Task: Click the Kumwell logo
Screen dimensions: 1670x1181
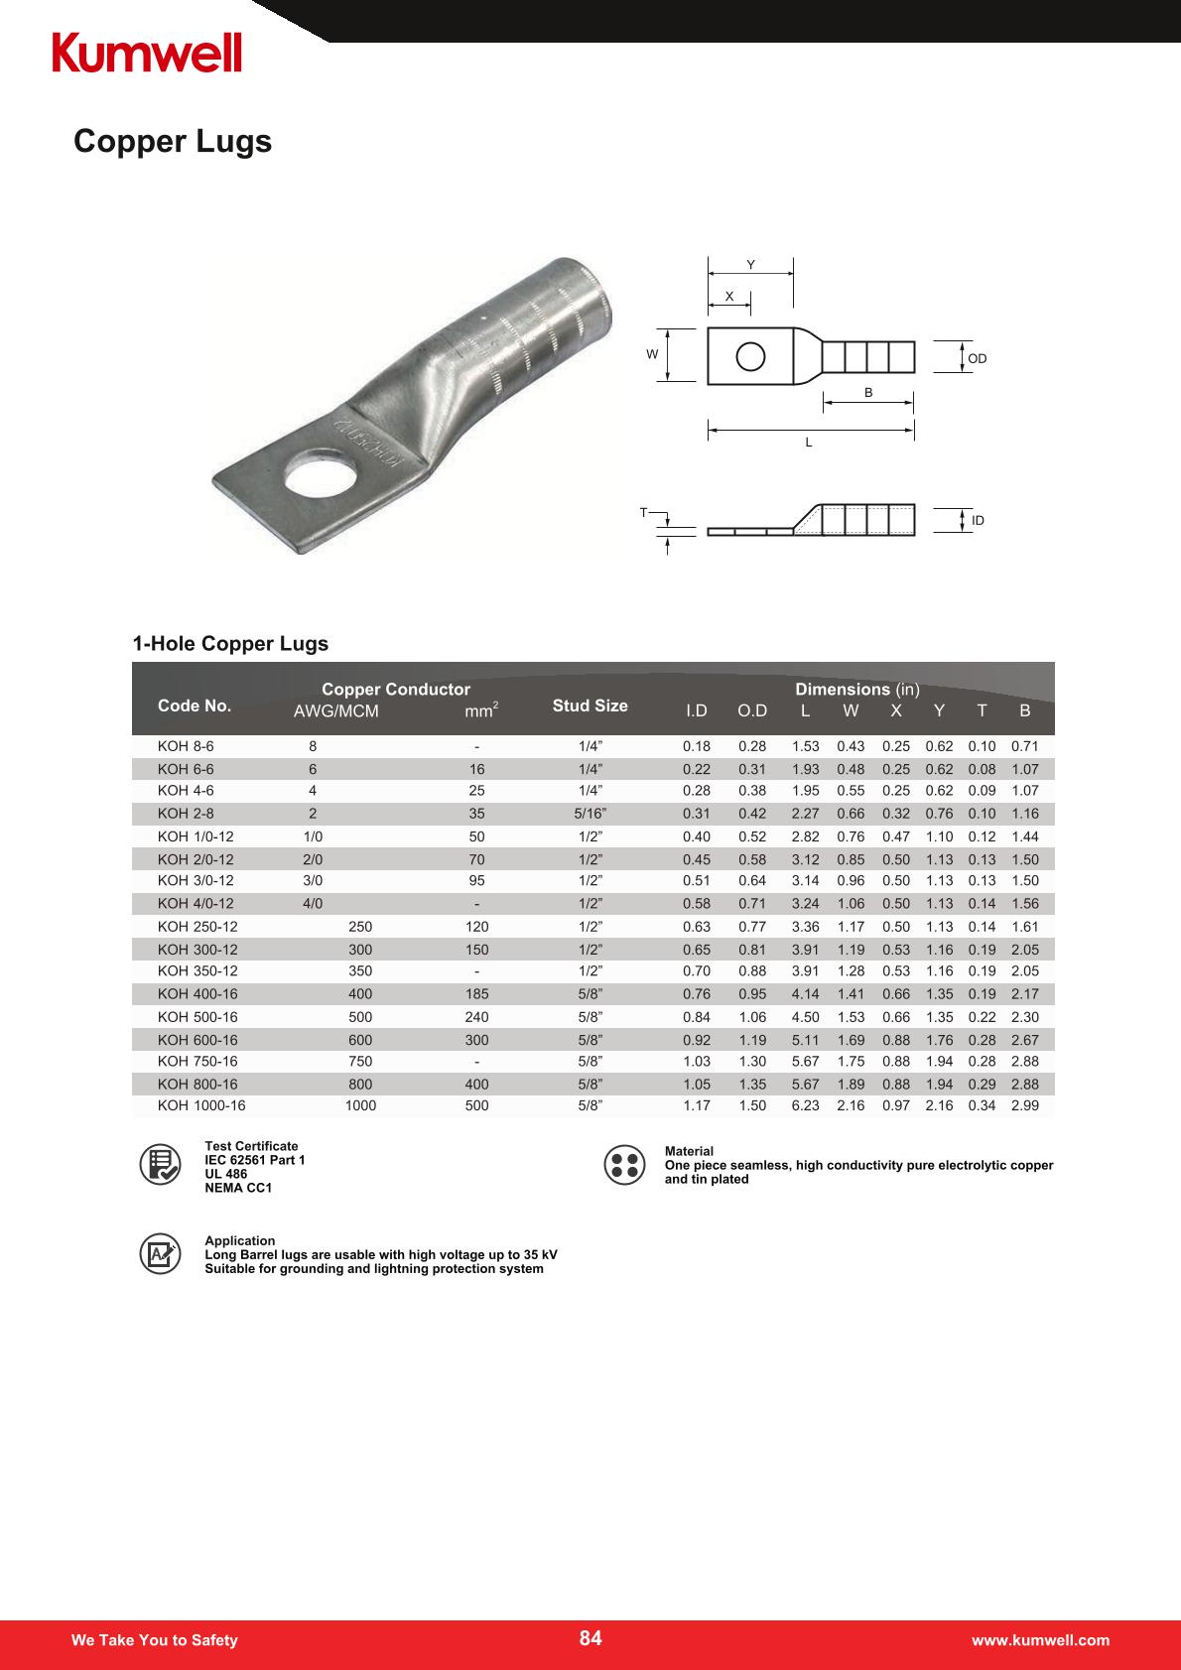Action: pos(147,52)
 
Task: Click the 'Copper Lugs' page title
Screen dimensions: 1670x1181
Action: pos(173,142)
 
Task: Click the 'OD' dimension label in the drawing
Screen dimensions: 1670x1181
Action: pos(978,358)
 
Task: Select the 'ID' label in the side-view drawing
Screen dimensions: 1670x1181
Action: pos(978,521)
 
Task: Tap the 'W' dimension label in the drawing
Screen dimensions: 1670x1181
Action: pos(652,354)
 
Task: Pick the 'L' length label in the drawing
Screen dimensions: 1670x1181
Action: pos(809,443)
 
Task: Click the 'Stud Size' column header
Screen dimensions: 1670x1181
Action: pos(590,706)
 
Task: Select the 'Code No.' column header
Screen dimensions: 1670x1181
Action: pos(195,706)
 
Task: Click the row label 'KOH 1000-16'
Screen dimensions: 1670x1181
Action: pos(201,1105)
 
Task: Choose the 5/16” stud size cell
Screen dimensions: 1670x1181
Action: pos(590,814)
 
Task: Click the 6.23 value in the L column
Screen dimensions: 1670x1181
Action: pos(805,1105)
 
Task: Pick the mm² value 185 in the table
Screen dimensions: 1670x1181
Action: pos(476,994)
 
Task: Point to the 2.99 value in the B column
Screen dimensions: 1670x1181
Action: pos(1024,1105)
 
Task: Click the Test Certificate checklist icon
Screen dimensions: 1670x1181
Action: pos(159,1165)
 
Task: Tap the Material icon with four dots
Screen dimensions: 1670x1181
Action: pos(624,1165)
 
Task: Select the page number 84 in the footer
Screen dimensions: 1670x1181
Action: pos(590,1638)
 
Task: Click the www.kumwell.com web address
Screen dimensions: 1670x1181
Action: pos(1040,1640)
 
